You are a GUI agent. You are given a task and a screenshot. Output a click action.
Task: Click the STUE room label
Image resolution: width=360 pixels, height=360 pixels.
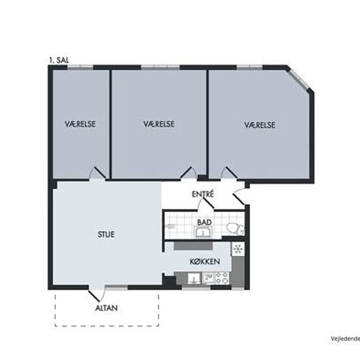click(106, 234)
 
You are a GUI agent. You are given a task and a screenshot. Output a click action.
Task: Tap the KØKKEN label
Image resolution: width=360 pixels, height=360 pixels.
click(205, 261)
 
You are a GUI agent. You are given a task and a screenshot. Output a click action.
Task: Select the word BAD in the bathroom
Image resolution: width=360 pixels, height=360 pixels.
click(204, 223)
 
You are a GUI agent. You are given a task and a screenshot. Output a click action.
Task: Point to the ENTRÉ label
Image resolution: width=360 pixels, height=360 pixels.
click(203, 194)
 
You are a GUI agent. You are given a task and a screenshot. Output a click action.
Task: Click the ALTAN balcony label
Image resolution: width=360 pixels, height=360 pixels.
click(106, 308)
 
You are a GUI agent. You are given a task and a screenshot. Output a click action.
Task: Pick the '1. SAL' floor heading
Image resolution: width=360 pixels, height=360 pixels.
click(59, 60)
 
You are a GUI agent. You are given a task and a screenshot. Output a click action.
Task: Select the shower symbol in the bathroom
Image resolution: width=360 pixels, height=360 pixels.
click(170, 226)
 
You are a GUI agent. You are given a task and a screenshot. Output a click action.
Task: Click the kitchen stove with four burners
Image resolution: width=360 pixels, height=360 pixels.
click(222, 278)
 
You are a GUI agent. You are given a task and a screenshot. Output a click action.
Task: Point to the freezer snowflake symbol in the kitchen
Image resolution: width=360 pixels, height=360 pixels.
click(238, 249)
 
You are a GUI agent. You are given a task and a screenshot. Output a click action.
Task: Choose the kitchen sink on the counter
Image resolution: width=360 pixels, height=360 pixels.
click(194, 278)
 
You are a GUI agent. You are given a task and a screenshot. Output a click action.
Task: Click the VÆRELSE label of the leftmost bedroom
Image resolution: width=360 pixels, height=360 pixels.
click(80, 124)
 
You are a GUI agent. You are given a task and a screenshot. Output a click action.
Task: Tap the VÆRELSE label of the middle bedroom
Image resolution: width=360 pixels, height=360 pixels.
click(159, 124)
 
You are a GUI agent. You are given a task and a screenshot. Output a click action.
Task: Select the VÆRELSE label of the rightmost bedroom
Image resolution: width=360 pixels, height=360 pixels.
click(260, 125)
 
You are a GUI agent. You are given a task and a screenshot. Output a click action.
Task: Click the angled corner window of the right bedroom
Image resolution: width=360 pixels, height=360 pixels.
click(298, 78)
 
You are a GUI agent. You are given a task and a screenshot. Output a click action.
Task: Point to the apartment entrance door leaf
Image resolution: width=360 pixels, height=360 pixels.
click(238, 199)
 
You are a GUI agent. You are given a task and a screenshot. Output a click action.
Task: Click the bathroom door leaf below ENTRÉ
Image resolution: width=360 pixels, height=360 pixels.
click(208, 203)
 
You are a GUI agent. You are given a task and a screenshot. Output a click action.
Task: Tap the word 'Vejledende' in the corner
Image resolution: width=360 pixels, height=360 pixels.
click(346, 339)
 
